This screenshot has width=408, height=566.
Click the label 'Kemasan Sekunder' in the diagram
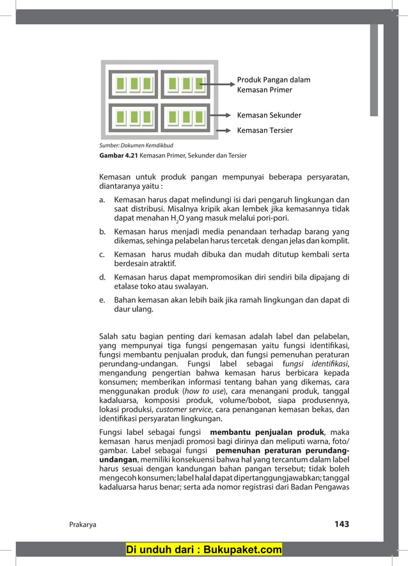coord(269,116)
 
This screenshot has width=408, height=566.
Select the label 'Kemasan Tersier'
coord(265,130)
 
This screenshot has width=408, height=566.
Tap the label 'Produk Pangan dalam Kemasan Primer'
coord(273,85)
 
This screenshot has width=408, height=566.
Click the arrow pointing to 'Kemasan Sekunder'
coord(220,116)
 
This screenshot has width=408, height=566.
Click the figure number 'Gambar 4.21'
coord(118,155)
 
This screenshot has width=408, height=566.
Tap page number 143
coord(341,524)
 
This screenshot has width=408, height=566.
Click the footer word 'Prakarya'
coord(82,524)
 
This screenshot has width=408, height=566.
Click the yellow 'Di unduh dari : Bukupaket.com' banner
coord(204,549)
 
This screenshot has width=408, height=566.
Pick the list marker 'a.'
coord(102,200)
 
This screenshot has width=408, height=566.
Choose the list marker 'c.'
coord(102,255)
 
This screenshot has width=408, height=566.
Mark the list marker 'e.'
coord(102,299)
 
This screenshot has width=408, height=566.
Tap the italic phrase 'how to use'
coord(203,391)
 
